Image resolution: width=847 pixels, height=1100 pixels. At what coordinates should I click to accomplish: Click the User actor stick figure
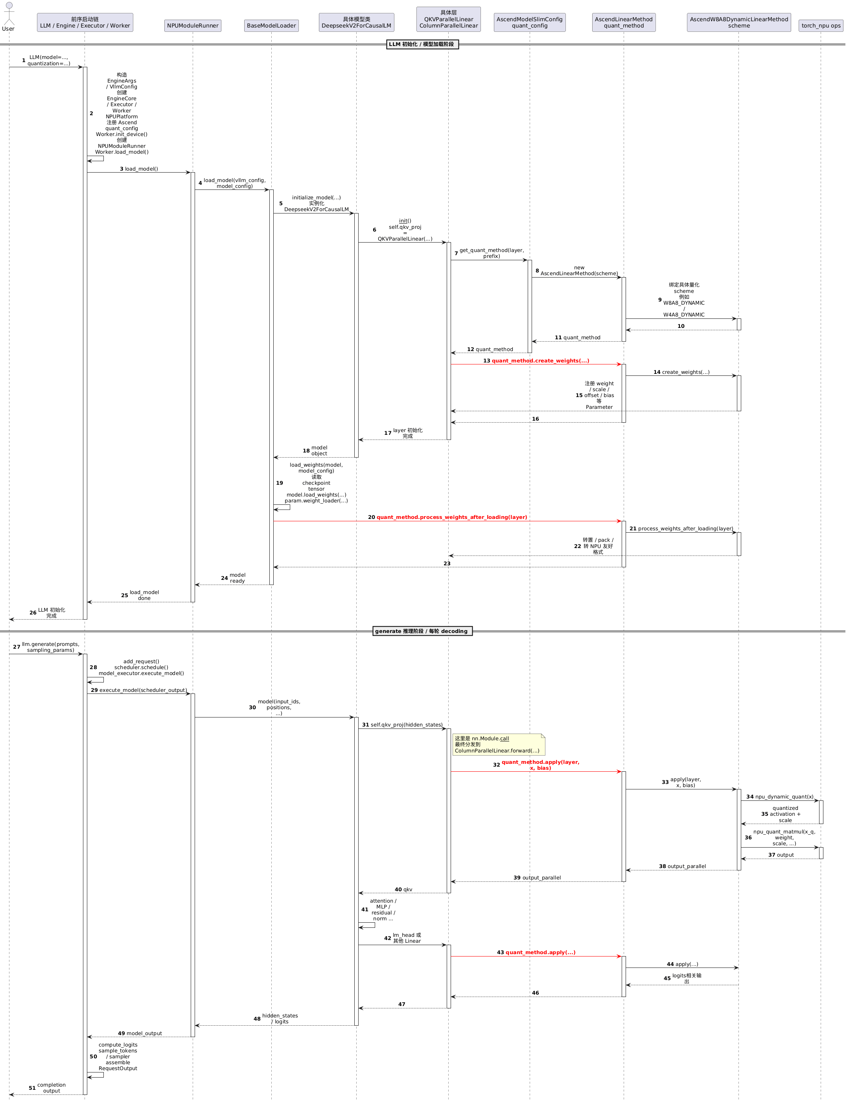tap(9, 14)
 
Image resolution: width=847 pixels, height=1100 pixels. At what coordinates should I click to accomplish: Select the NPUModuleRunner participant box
tap(192, 26)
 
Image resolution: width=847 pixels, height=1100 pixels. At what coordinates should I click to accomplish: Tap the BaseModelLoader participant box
tap(271, 26)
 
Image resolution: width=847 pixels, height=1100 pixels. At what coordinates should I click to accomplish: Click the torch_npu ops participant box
tap(821, 26)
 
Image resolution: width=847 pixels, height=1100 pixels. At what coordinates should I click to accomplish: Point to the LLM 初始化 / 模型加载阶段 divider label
tap(422, 44)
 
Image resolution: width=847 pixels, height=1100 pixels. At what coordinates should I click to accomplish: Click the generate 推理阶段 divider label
tap(422, 631)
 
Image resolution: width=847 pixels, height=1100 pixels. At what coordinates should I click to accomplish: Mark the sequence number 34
tap(750, 797)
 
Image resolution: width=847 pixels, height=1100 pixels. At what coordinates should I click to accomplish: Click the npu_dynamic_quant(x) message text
tap(784, 797)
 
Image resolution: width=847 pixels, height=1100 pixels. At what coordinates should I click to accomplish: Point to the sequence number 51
tap(32, 1088)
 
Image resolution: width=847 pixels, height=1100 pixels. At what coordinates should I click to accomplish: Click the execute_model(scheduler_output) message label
tap(143, 690)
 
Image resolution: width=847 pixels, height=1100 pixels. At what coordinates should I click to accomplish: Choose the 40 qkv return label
tap(403, 889)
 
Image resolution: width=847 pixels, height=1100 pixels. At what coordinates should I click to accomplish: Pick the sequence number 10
tap(681, 326)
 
